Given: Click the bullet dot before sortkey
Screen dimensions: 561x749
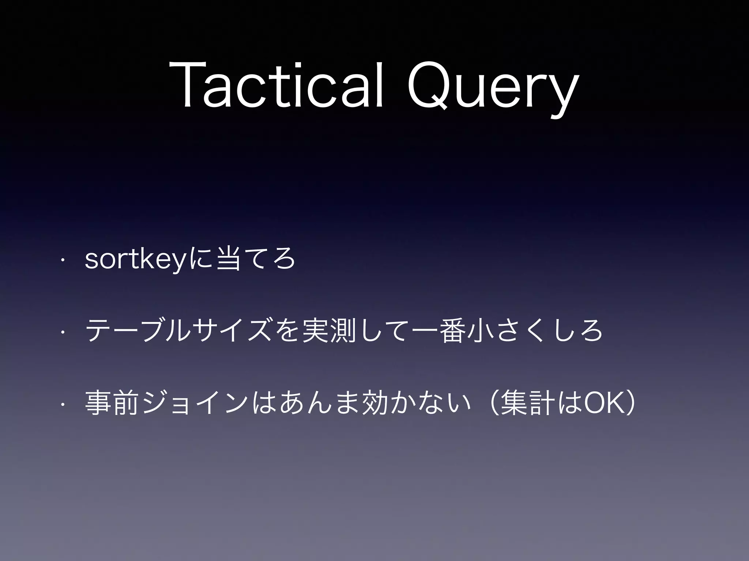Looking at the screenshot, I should pos(63,260).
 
